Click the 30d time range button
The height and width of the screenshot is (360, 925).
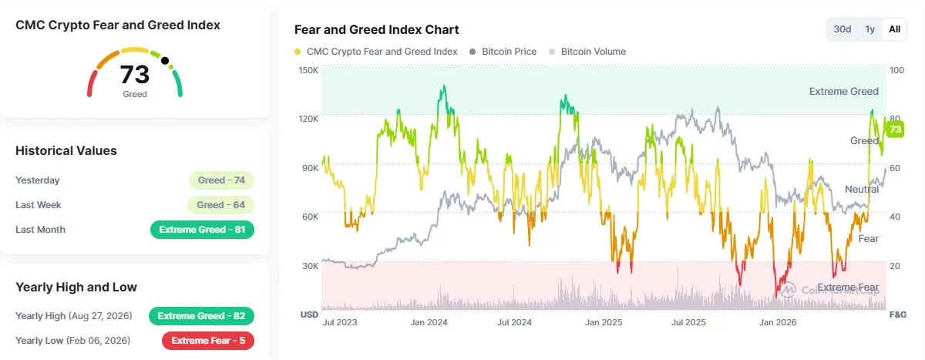pyautogui.click(x=842, y=29)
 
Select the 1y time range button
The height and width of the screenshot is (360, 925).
pyautogui.click(x=870, y=29)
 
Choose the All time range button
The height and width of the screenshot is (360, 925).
pyautogui.click(x=894, y=29)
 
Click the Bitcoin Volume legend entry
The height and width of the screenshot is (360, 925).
pyautogui.click(x=587, y=52)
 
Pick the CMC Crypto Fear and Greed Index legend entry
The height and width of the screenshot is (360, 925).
pyautogui.click(x=376, y=52)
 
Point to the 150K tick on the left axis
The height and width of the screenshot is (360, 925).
pyautogui.click(x=308, y=70)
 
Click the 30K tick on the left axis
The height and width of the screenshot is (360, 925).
pyautogui.click(x=310, y=266)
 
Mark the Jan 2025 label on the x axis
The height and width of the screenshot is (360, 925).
pyautogui.click(x=604, y=322)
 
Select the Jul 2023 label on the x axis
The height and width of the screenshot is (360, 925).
pyautogui.click(x=340, y=322)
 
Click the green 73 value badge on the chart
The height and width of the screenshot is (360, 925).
pyautogui.click(x=895, y=130)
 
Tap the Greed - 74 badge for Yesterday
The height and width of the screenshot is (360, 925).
pyautogui.click(x=221, y=180)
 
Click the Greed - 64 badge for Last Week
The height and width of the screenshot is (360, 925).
pyautogui.click(x=220, y=205)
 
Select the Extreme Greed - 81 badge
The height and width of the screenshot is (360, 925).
pyautogui.click(x=202, y=230)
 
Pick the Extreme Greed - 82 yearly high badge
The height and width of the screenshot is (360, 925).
pyautogui.click(x=201, y=316)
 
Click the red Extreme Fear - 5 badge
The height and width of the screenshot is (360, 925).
pyautogui.click(x=208, y=341)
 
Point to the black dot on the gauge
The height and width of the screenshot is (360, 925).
pyautogui.click(x=165, y=61)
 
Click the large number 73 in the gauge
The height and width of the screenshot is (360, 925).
pyautogui.click(x=135, y=74)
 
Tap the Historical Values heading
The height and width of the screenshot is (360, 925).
pyautogui.click(x=66, y=150)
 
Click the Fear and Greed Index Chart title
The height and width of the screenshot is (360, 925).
pyautogui.click(x=377, y=30)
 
